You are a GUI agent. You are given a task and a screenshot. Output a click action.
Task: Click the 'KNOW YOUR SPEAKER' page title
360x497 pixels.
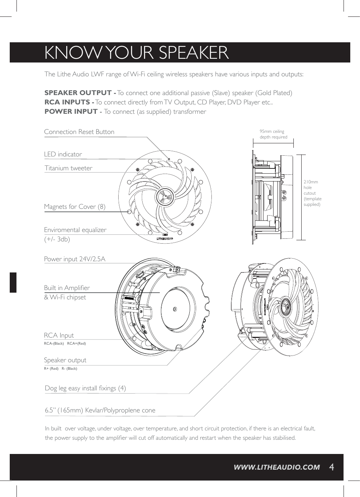(x=136, y=53)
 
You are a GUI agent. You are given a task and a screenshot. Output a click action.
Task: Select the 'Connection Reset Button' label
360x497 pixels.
(x=79, y=132)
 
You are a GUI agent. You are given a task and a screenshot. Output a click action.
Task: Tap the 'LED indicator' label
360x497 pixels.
(x=63, y=154)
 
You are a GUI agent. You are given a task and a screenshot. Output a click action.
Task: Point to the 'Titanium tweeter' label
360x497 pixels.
(x=68, y=168)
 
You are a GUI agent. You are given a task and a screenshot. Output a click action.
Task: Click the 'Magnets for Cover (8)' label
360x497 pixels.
(x=74, y=207)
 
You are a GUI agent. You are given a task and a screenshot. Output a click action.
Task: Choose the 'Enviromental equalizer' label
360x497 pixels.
(x=75, y=230)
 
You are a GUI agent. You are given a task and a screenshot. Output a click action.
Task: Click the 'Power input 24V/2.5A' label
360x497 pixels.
(x=74, y=259)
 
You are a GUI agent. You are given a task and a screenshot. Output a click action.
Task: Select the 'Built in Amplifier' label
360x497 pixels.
(x=67, y=288)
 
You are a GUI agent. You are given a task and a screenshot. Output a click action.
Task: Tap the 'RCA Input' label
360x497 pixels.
(x=59, y=335)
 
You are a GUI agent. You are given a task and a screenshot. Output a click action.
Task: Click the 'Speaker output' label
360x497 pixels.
(x=65, y=360)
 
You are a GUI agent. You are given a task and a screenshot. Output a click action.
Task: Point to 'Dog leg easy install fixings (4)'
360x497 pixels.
(x=85, y=388)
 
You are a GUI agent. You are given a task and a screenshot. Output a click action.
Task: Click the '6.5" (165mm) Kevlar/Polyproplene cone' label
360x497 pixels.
(x=100, y=410)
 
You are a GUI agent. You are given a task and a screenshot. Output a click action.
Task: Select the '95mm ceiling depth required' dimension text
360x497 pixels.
(x=273, y=134)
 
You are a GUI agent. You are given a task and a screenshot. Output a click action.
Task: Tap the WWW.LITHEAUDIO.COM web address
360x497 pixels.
(x=277, y=467)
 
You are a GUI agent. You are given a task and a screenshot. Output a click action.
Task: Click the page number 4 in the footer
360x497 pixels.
(x=331, y=467)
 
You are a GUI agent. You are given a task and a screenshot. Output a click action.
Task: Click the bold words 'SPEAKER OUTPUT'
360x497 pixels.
(x=78, y=93)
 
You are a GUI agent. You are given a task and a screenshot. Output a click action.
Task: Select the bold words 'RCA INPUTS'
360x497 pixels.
(x=67, y=102)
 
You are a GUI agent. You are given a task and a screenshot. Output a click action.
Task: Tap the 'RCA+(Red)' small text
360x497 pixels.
(x=76, y=344)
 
